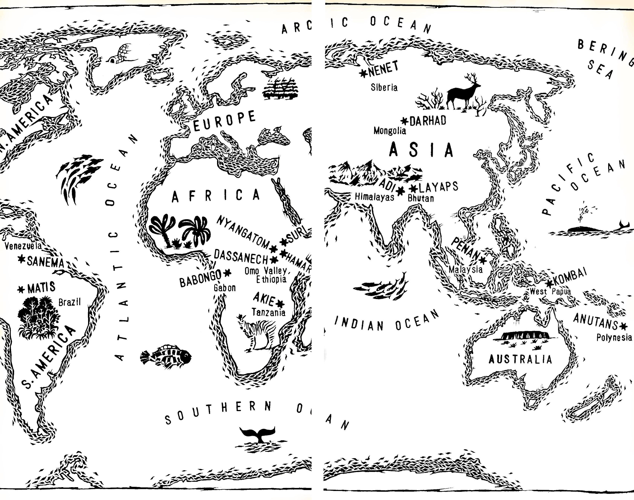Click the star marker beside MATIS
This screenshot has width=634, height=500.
tap(21, 289)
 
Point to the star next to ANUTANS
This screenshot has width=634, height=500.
tap(624, 326)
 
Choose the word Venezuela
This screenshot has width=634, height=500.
tap(23, 246)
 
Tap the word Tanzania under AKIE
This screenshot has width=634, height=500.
tap(269, 313)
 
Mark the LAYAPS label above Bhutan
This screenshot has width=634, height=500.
tap(439, 186)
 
